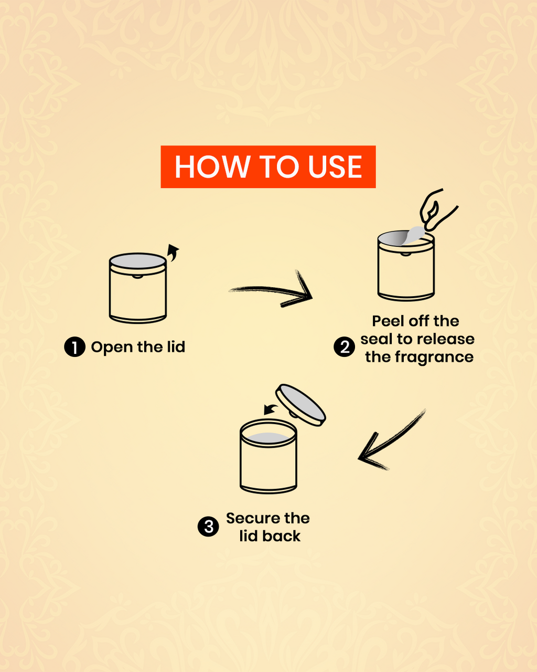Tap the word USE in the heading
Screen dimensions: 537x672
[x=335, y=167]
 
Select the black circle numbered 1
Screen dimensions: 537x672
[x=74, y=347]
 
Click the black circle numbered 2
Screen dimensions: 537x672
[x=344, y=347]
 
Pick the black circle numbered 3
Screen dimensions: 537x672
[x=208, y=527]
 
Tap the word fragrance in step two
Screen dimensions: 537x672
[x=434, y=357]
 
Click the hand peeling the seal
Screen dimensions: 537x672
[x=437, y=210]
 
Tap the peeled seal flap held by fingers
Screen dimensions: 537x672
[x=413, y=235]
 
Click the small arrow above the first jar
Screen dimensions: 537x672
[x=173, y=253]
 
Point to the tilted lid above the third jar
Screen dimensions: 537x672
[x=300, y=405]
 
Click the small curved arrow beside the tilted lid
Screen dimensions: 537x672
[x=271, y=409]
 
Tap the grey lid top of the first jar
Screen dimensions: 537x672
[x=137, y=261]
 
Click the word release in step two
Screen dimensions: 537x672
[x=447, y=339]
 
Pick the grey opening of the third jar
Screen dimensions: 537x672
[x=268, y=437]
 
